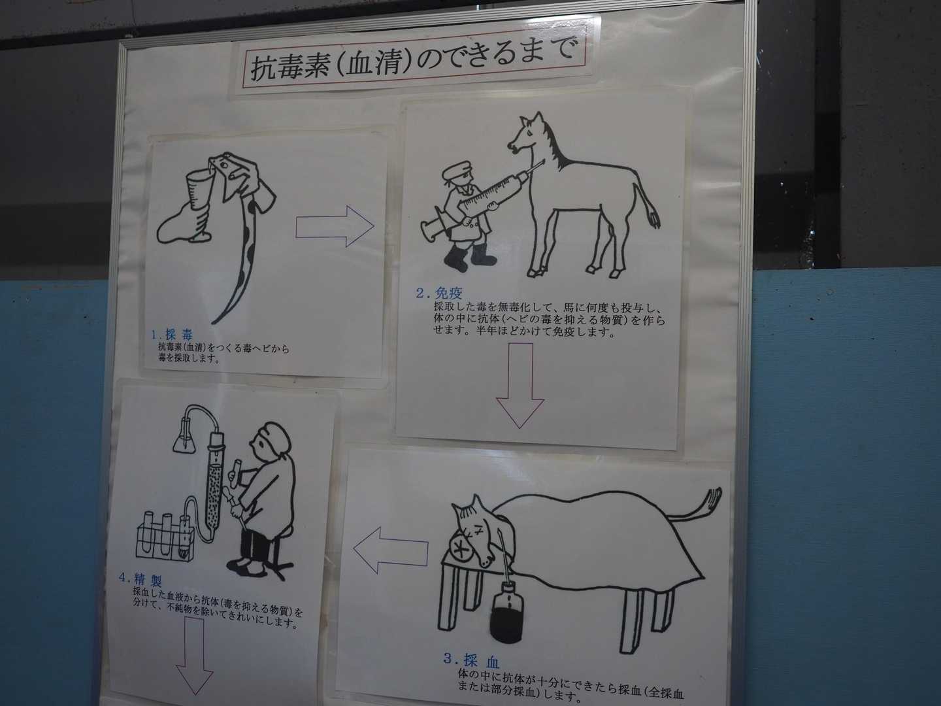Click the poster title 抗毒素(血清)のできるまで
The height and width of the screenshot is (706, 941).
pos(412,60)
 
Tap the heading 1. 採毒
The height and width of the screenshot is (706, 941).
pos(172,334)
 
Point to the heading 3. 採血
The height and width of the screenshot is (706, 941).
pos(472,660)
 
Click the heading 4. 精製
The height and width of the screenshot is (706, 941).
pos(140,580)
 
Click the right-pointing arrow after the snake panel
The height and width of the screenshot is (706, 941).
pos(335,226)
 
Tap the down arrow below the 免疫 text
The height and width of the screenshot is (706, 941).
pos(520,386)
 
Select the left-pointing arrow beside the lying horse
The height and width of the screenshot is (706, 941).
pos(391,550)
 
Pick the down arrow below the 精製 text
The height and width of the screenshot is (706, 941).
pos(195,656)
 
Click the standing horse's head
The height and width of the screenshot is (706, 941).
pos(525,135)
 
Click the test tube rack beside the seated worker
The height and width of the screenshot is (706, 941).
pos(165,537)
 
